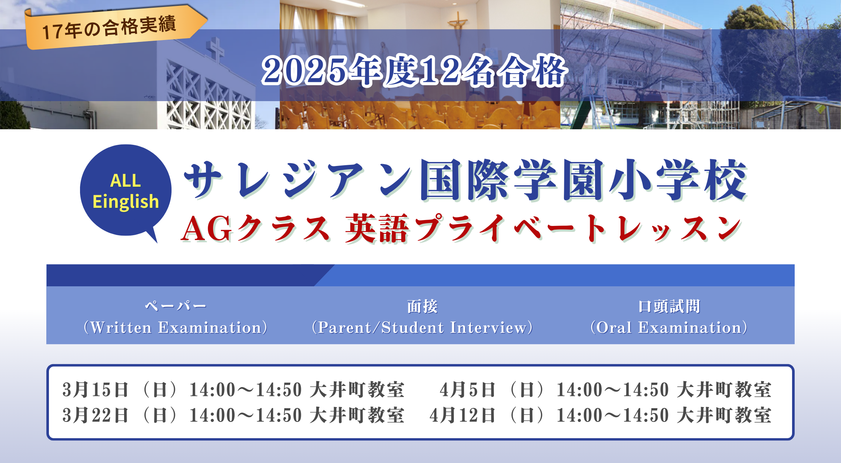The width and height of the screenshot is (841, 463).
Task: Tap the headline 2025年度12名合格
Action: [414, 70]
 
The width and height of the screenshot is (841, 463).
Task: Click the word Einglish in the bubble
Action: [126, 202]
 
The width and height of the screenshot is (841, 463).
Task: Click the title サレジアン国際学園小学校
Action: [465, 180]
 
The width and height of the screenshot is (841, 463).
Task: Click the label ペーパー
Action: [175, 306]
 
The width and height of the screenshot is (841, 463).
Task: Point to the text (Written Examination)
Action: [175, 327]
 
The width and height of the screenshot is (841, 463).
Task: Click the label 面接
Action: [422, 306]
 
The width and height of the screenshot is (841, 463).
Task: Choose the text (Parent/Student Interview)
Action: [422, 327]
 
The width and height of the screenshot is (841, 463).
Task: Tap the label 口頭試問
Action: [669, 306]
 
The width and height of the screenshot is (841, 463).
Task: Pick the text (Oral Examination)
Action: [669, 327]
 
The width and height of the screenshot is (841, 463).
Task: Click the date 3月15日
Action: [95, 390]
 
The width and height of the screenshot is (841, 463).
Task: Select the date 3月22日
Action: [95, 415]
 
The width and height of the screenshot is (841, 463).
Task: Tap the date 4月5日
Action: [468, 390]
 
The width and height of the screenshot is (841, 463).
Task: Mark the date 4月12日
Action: [463, 415]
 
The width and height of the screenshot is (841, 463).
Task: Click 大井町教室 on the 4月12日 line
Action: [724, 415]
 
